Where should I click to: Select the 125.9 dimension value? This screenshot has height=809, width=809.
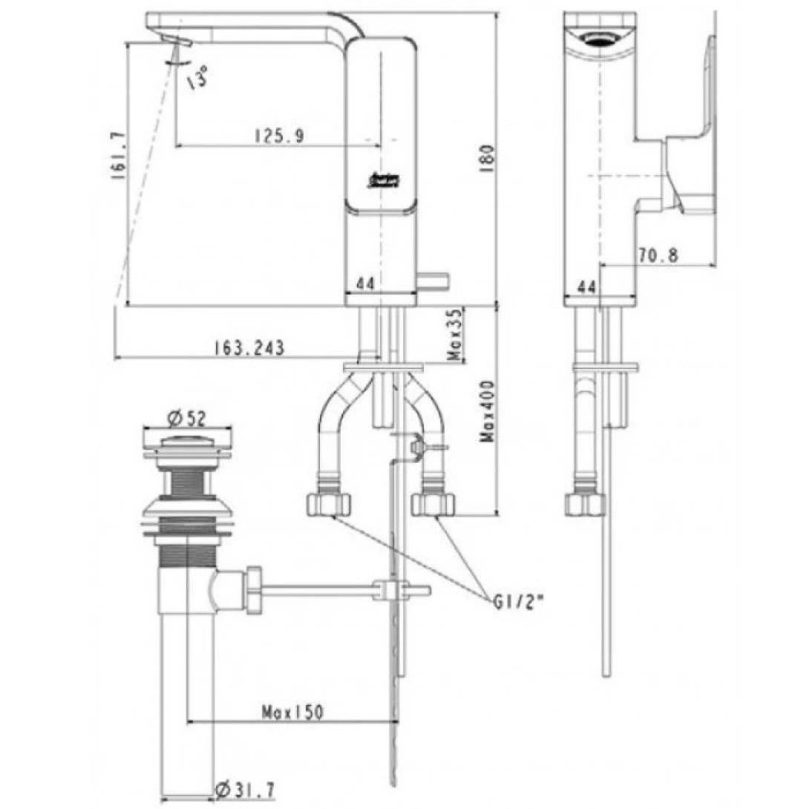tap(276, 136)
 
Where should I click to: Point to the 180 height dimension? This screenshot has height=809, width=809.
tap(487, 157)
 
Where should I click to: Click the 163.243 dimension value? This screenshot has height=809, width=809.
tap(249, 347)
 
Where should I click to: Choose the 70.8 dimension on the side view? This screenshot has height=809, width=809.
tap(658, 255)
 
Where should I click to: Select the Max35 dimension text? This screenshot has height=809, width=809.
tap(456, 335)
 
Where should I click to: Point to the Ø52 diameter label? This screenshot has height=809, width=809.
tap(185, 418)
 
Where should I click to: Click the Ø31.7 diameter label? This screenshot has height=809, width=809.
tap(246, 792)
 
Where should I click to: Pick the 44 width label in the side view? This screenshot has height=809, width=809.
tap(587, 286)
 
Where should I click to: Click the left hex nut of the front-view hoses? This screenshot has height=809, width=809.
tap(327, 505)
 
